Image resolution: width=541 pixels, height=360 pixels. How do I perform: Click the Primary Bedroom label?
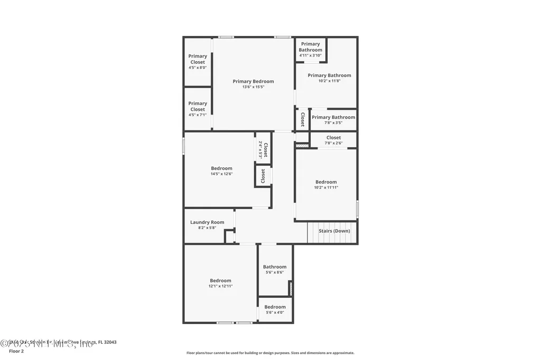[253, 81]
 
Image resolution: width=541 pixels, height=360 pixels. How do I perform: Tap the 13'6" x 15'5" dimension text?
[253, 87]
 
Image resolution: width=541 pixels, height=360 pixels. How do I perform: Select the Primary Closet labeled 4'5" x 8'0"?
[198, 61]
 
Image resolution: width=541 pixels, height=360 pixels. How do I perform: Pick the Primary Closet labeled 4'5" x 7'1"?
[198, 109]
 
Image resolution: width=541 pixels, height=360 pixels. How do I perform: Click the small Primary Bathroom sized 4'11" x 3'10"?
[310, 49]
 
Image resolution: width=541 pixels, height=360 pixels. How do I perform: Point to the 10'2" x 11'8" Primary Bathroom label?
[329, 78]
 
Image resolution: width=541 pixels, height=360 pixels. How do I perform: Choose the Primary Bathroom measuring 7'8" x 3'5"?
[333, 119]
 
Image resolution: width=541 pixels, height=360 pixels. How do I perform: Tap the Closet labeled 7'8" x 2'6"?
[333, 140]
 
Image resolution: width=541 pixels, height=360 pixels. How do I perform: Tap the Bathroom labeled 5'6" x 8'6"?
[275, 269]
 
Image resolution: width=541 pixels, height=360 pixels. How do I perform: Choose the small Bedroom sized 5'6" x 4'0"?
[275, 309]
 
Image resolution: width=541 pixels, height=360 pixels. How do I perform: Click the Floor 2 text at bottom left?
[16, 351]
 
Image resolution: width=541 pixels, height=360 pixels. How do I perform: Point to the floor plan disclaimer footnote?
[270, 353]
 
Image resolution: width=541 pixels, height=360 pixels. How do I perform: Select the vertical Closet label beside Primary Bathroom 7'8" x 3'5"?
[302, 119]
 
